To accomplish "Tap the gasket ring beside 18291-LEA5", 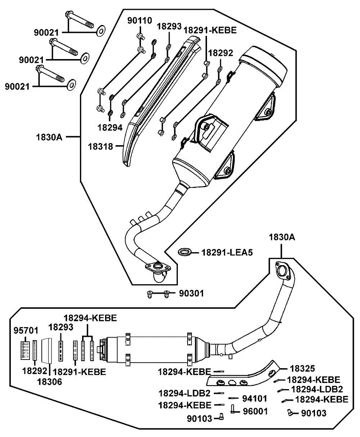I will pos(185,251).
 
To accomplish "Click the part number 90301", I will pos(191,294).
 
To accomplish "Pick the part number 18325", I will pos(302,369).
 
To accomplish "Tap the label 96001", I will pos(255,411).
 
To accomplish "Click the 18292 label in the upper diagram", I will pos(221,53).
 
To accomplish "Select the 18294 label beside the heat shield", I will pos(109,127).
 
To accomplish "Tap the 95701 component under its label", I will pos(25,349).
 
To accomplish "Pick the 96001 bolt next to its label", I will pos(233,409).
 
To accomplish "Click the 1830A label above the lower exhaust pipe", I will pos(281,237).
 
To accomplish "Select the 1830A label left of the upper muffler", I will pos(49,137).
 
